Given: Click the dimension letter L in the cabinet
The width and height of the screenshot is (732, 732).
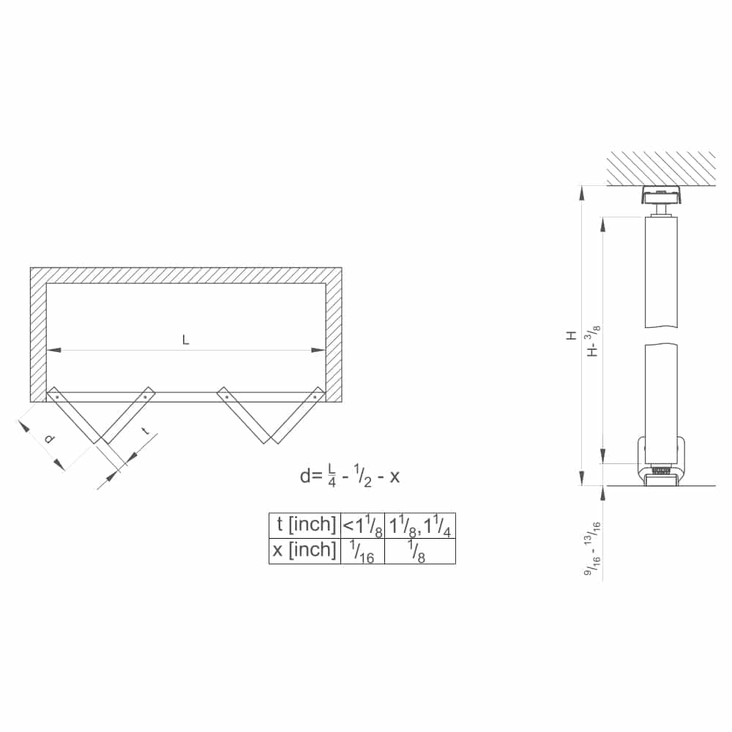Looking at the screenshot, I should (x=186, y=340).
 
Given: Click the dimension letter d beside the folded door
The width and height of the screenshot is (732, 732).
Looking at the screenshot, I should (x=49, y=438).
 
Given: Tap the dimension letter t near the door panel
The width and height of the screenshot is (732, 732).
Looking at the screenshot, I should (x=146, y=433).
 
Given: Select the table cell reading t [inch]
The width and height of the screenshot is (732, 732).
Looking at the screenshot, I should (x=305, y=525).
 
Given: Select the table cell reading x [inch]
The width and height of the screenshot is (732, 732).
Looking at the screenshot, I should (x=305, y=550).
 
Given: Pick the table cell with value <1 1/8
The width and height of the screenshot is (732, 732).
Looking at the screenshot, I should (x=362, y=525).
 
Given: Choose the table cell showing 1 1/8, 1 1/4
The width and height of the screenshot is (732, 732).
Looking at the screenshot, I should (x=419, y=525).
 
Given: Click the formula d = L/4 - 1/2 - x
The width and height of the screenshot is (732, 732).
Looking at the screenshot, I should (x=350, y=476).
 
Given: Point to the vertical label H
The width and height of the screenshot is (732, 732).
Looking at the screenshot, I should (x=571, y=335).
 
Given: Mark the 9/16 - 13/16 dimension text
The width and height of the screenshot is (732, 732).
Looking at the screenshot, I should (x=593, y=549).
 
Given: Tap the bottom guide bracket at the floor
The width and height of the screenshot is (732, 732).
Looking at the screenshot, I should (x=662, y=465).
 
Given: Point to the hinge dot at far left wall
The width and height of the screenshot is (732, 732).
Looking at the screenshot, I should (x=54, y=396).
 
